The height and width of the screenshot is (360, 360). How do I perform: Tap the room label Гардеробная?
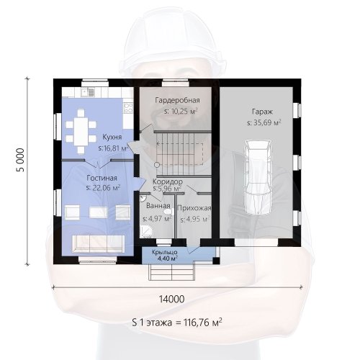pyautogui.click(x=177, y=100)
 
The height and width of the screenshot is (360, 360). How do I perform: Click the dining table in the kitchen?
pyautogui.click(x=81, y=131)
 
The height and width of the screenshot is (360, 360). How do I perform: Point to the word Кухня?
pyautogui.click(x=112, y=137)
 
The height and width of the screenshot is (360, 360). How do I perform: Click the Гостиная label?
pyautogui.click(x=102, y=178)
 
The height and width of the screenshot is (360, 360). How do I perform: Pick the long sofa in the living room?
pyautogui.click(x=99, y=243)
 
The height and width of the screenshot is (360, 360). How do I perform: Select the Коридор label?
pyautogui.click(x=168, y=181)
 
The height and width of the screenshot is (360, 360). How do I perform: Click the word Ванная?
pyautogui.click(x=158, y=206)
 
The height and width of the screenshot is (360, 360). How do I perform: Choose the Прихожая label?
pyautogui.click(x=194, y=208)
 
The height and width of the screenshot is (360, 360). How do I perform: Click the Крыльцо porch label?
pyautogui.click(x=165, y=252)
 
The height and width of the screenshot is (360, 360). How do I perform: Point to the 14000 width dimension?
pyautogui.click(x=172, y=299)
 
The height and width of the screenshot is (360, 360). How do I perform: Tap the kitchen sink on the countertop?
pyautogui.click(x=87, y=92)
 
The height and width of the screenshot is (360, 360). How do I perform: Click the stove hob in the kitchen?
pyautogui.click(x=128, y=107)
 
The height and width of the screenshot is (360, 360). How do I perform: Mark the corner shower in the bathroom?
pyautogui.click(x=145, y=232)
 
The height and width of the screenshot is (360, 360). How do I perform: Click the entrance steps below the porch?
pyautogui.click(x=172, y=271)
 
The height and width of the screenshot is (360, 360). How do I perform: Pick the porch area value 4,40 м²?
pyautogui.click(x=167, y=258)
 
